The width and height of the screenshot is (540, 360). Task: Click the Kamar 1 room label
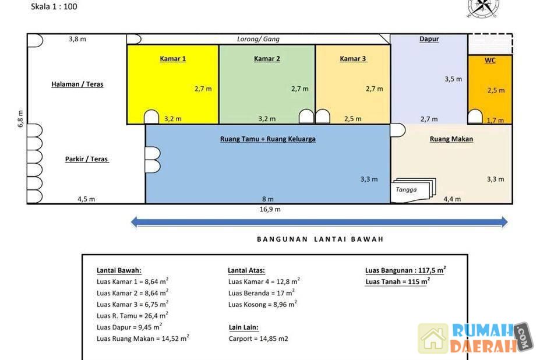coord(173,59)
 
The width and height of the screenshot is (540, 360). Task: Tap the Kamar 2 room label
coord(267,59)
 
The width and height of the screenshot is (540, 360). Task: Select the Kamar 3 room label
coord(354,59)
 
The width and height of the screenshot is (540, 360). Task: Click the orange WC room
coord(490,90)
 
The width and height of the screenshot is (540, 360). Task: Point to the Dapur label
coord(429,39)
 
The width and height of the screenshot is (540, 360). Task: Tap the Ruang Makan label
coord(451,139)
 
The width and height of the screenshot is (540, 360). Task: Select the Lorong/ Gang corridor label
coord(258,39)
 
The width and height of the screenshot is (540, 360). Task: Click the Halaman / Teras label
coord(77,84)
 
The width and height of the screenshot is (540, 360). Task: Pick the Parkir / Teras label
coord(87,159)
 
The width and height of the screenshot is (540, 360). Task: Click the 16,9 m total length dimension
coord(270,210)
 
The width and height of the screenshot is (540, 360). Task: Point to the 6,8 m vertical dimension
coord(20,119)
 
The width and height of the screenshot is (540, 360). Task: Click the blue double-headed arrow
coord(319,222)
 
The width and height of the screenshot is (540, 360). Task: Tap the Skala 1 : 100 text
coord(54,6)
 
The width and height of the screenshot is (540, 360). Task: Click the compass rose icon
coord(482,7)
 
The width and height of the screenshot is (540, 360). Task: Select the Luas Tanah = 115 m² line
coord(398,281)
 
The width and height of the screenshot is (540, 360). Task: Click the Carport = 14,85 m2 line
coord(258,338)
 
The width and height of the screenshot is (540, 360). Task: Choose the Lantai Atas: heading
coord(246,270)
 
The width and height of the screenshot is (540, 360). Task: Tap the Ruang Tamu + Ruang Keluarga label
coord(268,139)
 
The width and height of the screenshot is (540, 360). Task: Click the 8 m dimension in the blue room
coord(268,199)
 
